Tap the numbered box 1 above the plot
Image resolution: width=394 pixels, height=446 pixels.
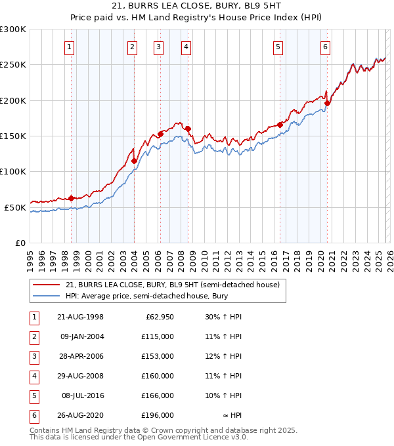point(70,47)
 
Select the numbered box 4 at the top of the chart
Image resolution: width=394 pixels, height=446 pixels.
point(186,47)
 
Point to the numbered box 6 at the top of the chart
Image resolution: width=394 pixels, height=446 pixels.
point(325,47)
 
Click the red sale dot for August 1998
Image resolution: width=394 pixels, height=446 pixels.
point(72,197)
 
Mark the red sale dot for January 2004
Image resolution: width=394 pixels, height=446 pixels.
point(134,161)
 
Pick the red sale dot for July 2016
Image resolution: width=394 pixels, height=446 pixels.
point(280,125)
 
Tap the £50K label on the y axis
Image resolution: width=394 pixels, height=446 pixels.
point(15,208)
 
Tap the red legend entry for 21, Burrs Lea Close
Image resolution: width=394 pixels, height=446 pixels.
point(172,285)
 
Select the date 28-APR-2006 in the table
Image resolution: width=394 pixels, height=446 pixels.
point(80,356)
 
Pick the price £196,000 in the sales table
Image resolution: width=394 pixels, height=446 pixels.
point(158,415)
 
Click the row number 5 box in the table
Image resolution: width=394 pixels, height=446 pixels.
point(32,395)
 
